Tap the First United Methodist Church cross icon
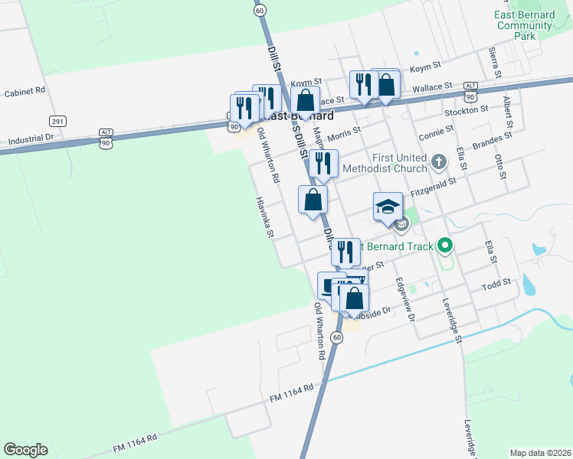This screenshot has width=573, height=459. [x=438, y=161]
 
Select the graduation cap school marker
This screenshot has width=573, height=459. [x=388, y=207]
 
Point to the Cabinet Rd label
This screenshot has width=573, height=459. [x=25, y=91]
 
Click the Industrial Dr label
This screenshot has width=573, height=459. [x=30, y=140]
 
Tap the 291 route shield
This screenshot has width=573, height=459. [x=58, y=122]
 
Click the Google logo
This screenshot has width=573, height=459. [x=25, y=449]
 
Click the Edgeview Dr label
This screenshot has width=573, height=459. [x=405, y=299]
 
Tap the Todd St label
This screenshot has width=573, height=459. [x=496, y=284]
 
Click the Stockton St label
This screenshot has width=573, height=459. [x=467, y=110]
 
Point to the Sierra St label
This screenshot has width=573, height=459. [x=495, y=62]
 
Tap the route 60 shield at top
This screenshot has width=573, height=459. [x=260, y=10]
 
